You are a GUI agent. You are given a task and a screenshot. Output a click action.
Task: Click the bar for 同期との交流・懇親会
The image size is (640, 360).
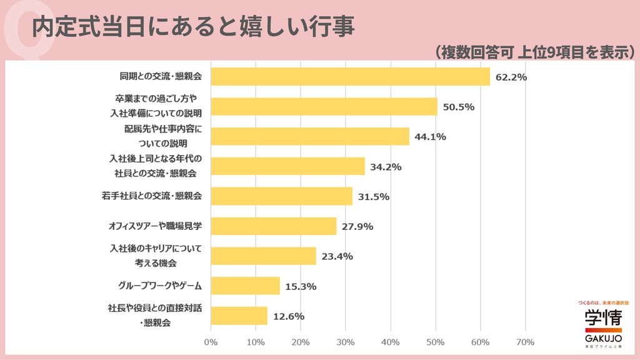coord(350,77)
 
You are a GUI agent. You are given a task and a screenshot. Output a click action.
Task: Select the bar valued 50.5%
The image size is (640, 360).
coord(324,106)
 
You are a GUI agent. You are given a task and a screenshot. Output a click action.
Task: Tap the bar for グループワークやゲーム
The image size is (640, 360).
coord(245,286)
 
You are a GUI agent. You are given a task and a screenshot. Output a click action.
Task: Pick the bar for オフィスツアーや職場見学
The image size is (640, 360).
coord(274,226)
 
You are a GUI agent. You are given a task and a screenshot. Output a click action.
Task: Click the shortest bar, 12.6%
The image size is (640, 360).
coord(239,316)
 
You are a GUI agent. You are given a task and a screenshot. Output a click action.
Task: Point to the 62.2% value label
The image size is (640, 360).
coord(511,77)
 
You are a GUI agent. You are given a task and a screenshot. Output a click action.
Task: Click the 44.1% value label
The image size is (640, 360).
coord(430,137)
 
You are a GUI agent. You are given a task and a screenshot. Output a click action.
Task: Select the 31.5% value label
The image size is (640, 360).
coord(374,197)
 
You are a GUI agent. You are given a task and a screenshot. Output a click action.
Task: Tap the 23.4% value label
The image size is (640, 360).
coord(337,256)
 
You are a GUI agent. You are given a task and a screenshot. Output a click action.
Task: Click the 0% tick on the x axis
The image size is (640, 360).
coord(211,342)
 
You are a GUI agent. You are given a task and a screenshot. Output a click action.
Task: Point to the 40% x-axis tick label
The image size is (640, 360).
coord(390,342)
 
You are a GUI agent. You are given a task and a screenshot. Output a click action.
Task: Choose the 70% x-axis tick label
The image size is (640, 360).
coord(525,342)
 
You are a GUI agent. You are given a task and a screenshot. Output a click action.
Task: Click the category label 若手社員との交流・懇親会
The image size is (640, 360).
coord(152,196)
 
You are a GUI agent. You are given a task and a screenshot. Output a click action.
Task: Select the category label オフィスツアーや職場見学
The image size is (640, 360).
coord(155,226)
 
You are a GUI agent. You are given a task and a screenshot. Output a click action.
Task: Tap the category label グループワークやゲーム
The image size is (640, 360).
coord(160,286)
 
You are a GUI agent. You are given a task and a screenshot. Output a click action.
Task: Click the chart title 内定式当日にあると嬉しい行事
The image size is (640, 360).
coord(193,26)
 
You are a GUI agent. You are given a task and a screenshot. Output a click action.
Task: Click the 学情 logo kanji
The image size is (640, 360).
coord(603,317)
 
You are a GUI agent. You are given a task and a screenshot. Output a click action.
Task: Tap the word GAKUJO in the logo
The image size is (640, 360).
coord(603,338)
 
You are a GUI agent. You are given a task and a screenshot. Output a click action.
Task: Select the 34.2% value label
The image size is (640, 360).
coord(386,167)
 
